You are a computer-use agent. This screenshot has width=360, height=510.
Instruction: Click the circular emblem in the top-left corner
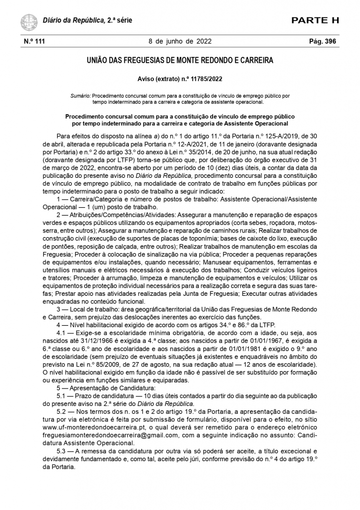pyautogui.click(x=29, y=21)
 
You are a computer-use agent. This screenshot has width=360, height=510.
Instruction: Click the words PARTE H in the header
pyautogui.click(x=315, y=20)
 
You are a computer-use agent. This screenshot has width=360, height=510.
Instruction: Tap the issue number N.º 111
pyautogui.click(x=34, y=42)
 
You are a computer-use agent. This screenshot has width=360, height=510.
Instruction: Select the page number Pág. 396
pyautogui.click(x=323, y=42)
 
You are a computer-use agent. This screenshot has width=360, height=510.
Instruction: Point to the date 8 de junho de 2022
pyautogui.click(x=180, y=42)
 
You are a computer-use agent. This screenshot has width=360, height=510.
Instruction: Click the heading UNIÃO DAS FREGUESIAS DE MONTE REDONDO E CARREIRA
pyautogui.click(x=180, y=61)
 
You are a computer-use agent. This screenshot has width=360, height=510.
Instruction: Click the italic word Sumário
pyautogui.click(x=81, y=94)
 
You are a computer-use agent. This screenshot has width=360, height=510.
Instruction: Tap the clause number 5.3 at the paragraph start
pyautogui.click(x=63, y=450)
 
